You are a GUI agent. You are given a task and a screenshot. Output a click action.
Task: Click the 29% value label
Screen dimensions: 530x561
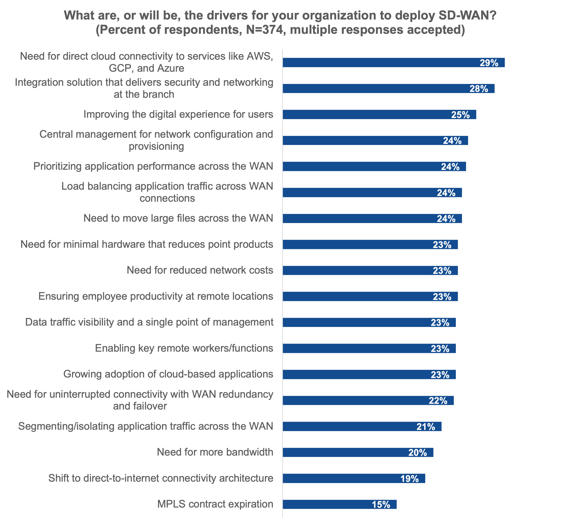pyautogui.click(x=489, y=63)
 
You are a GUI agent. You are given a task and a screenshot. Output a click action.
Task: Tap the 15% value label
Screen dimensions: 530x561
pyautogui.click(x=381, y=505)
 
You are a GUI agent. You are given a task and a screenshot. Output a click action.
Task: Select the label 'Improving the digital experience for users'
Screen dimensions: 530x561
pyautogui.click(x=178, y=115)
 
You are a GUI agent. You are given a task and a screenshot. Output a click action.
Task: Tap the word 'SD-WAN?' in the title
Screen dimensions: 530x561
pyautogui.click(x=467, y=16)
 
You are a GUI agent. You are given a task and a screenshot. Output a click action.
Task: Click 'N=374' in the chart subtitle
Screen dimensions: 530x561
pyautogui.click(x=265, y=30)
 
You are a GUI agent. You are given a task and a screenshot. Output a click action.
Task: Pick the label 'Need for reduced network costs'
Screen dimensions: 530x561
pyautogui.click(x=200, y=270)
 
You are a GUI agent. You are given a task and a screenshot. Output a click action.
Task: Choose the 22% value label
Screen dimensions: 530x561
pyautogui.click(x=438, y=401)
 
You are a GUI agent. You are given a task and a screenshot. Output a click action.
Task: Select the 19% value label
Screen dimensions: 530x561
pyautogui.click(x=409, y=479)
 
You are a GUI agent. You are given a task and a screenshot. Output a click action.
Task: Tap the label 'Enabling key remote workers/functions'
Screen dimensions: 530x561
pyautogui.click(x=184, y=348)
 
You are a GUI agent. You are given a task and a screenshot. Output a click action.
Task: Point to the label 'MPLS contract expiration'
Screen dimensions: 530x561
pyautogui.click(x=215, y=504)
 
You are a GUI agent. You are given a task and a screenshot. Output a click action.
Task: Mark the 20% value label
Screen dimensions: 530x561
pyautogui.click(x=418, y=453)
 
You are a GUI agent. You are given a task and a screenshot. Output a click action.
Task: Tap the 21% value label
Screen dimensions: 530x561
pyautogui.click(x=426, y=427)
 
